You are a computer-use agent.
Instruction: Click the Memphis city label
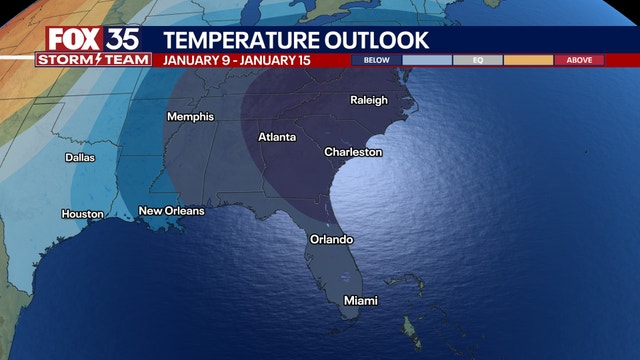[190, 117]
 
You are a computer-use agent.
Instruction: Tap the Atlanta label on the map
[277, 137]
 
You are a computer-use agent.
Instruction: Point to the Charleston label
[353, 152]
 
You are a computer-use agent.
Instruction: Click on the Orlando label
[330, 240]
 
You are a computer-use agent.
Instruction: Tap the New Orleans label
[171, 211]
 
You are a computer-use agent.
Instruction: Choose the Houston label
[82, 214]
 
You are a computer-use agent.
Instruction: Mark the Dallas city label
[80, 157]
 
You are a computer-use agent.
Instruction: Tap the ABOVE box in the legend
[579, 60]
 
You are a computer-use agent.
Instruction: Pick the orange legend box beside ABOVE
[528, 60]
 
